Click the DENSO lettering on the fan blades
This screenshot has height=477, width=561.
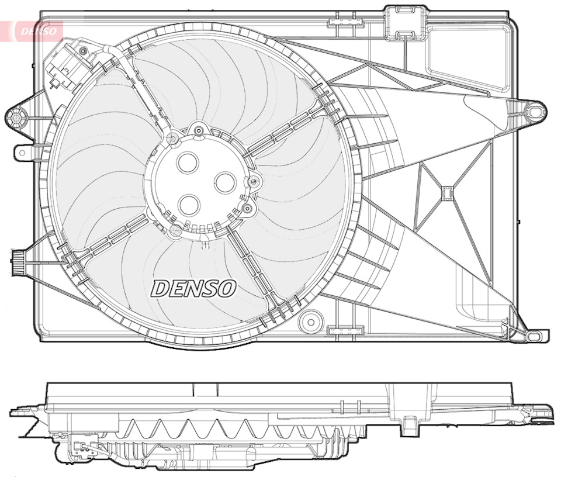[x=193, y=288]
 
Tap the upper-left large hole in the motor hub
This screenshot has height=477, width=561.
[x=188, y=163]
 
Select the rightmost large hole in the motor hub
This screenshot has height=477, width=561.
[x=225, y=182]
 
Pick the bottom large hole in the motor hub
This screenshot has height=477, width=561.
[x=189, y=205]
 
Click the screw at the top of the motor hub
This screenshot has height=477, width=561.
[x=199, y=130]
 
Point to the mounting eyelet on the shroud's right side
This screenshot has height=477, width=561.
[x=534, y=110]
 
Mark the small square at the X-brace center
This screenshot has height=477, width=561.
[x=447, y=193]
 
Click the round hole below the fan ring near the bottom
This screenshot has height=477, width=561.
[x=310, y=321]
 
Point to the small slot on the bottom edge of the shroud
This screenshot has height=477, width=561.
[x=339, y=332]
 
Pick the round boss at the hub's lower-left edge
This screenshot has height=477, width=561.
[x=175, y=230]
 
